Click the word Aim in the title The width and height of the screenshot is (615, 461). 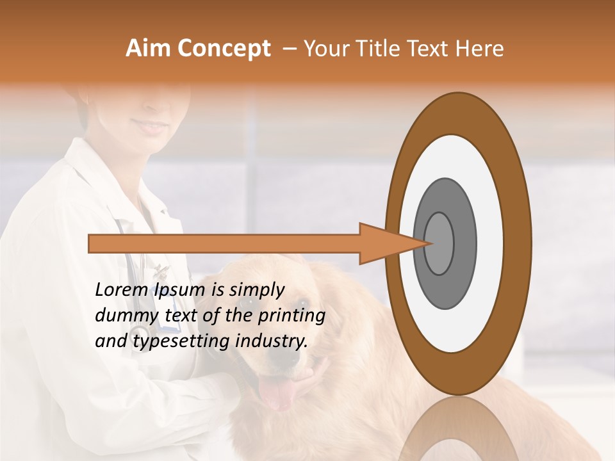coord(149,49)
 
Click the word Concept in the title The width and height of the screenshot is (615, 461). coord(224,49)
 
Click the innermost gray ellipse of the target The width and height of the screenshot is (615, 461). coord(439,243)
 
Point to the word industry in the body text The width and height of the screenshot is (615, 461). coord(272,341)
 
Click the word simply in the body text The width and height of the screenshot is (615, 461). coord(256,291)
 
